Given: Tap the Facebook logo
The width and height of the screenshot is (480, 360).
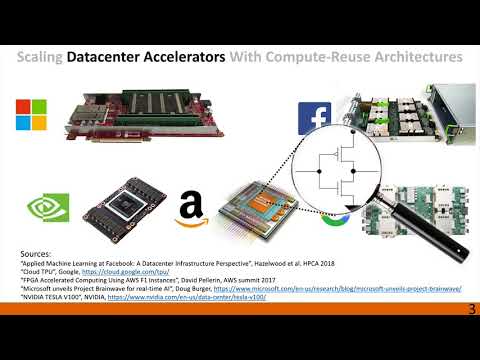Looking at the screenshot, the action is tap(314, 114).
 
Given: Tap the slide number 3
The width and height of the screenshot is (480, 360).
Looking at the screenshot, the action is tap(471, 340).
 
